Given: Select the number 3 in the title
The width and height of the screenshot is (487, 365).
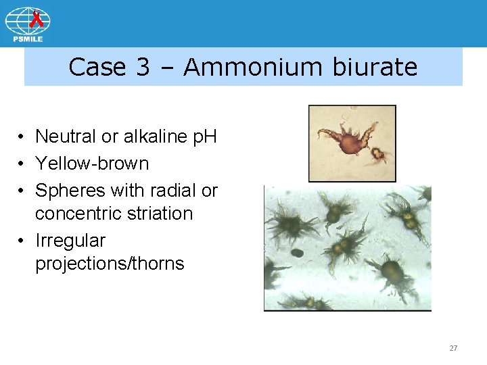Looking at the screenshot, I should [142, 67].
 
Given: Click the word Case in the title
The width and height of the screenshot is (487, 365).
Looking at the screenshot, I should [98, 67].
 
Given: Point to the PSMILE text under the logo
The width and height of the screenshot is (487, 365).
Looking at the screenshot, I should [28, 39].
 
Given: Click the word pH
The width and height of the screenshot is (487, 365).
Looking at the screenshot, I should [204, 137].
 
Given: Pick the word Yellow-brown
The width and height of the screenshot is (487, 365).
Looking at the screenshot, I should [92, 164].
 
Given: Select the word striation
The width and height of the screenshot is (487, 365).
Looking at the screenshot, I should [161, 214].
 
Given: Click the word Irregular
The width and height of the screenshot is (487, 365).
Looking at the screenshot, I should [70, 241].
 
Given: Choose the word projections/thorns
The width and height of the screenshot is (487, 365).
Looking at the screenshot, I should [110, 263].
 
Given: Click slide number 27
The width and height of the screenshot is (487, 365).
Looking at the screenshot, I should [453, 348].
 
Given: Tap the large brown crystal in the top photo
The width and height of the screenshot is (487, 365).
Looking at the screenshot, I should [351, 143].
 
